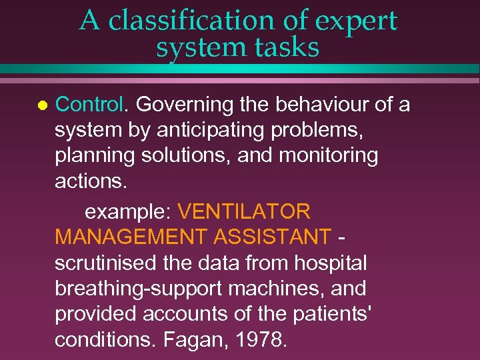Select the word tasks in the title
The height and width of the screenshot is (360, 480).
(285, 47)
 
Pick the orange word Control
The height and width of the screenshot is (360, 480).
(91, 105)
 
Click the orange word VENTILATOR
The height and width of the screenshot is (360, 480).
(244, 211)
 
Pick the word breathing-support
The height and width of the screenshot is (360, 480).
(143, 289)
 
